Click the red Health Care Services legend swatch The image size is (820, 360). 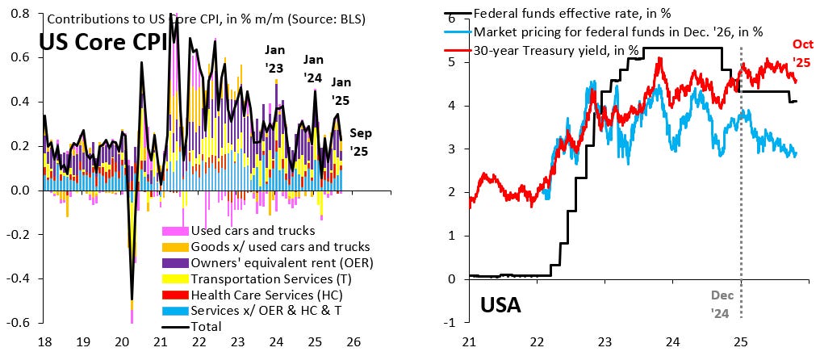tap(174, 295)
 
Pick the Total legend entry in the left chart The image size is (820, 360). tap(206, 327)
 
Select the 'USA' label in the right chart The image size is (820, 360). tap(500, 305)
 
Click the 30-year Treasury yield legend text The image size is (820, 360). tap(556, 50)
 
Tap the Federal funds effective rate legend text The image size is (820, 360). tap(572, 13)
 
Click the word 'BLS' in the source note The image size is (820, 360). tap(345, 17)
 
